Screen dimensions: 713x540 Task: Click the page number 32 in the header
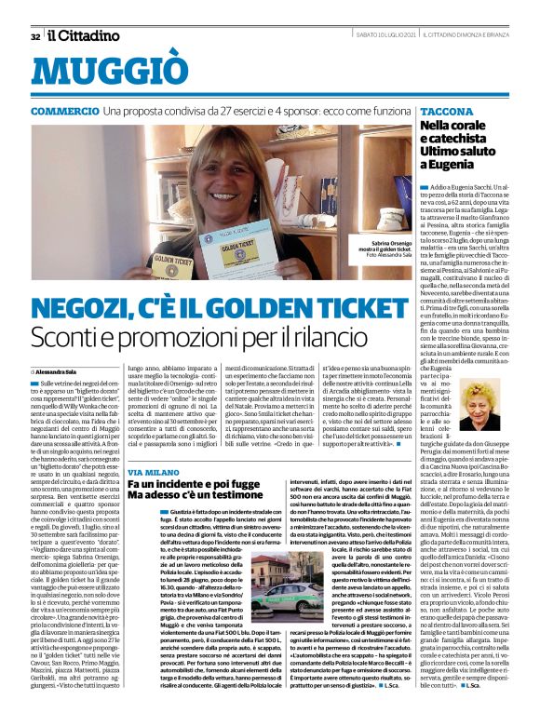34,36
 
